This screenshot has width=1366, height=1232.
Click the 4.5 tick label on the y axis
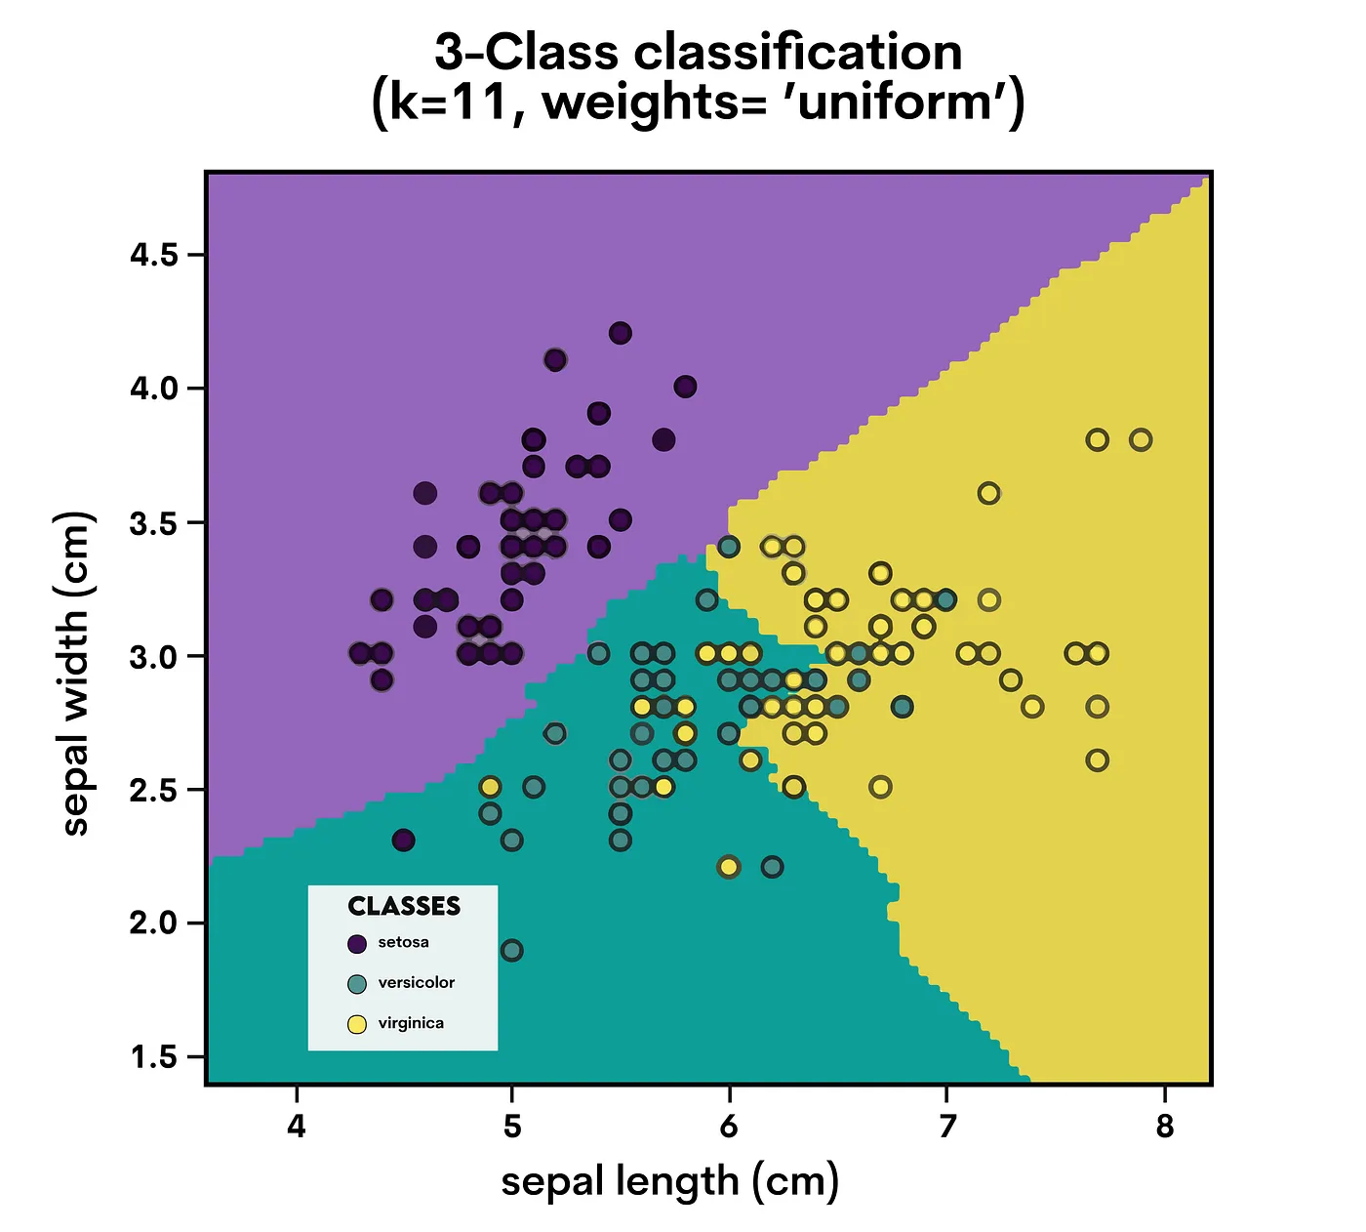(x=154, y=256)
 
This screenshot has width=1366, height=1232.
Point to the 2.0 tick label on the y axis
(x=154, y=923)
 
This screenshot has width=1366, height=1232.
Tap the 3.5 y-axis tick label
(x=154, y=523)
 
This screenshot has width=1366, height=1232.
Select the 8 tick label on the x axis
(x=1164, y=1127)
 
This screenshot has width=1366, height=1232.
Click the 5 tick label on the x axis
(x=512, y=1127)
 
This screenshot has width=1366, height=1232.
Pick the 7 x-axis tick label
(x=946, y=1127)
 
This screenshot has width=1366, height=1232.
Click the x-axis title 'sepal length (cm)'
(x=670, y=1181)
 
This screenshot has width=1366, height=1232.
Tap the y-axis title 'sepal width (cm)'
(x=75, y=674)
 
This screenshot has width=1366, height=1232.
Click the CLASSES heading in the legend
(x=404, y=907)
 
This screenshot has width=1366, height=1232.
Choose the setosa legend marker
(x=357, y=944)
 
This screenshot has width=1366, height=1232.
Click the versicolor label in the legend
(x=417, y=983)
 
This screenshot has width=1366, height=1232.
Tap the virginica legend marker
(x=357, y=1024)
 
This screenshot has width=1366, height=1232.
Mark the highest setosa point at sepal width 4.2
(x=621, y=334)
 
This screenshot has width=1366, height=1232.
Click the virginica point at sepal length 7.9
(x=1141, y=440)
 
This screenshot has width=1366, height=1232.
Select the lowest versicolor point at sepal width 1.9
(x=511, y=951)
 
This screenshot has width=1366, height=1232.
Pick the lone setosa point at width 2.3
(x=404, y=841)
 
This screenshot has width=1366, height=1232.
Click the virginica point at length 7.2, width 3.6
(x=989, y=494)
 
